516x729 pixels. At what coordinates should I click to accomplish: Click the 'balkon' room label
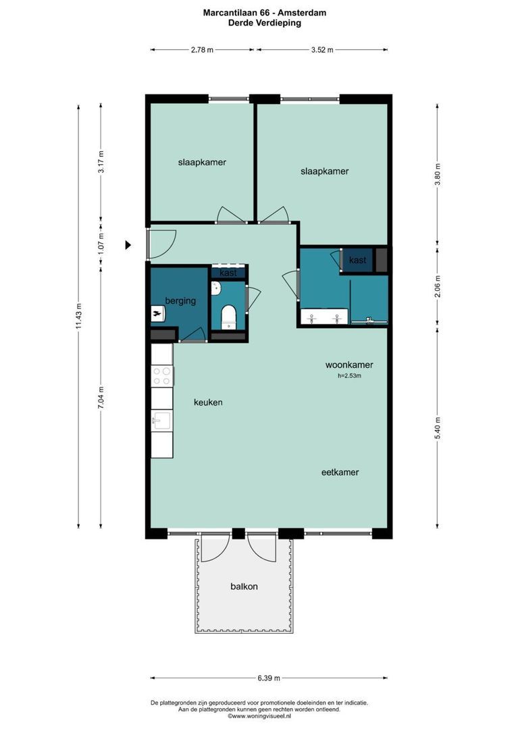[x=244, y=587]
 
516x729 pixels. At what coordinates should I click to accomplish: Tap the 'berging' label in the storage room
[x=180, y=301]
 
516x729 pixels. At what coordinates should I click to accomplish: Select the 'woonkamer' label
[x=348, y=365]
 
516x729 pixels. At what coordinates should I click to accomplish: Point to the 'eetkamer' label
[x=340, y=473]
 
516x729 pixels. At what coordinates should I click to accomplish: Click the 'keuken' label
[x=208, y=402]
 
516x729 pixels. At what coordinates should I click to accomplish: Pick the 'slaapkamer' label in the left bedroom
[x=202, y=163]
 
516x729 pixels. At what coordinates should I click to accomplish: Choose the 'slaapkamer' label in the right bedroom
[x=324, y=171]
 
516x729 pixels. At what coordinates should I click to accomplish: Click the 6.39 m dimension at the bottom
[x=269, y=678]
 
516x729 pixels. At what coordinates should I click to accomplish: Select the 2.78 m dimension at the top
[x=202, y=50]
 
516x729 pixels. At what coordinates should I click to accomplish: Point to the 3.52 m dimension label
[x=321, y=50]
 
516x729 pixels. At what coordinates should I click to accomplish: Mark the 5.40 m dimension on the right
[x=438, y=428]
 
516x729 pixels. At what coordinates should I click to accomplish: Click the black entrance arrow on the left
[x=128, y=245]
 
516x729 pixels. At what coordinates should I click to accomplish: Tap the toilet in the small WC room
[x=228, y=317]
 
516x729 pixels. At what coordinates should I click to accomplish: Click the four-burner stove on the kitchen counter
[x=161, y=376]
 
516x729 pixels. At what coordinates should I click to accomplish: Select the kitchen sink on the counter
[x=161, y=421]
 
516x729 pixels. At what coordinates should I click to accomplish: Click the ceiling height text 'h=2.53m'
[x=349, y=376]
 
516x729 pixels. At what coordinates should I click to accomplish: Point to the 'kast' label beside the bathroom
[x=357, y=260]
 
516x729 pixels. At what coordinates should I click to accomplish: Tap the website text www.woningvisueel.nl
[x=259, y=716]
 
